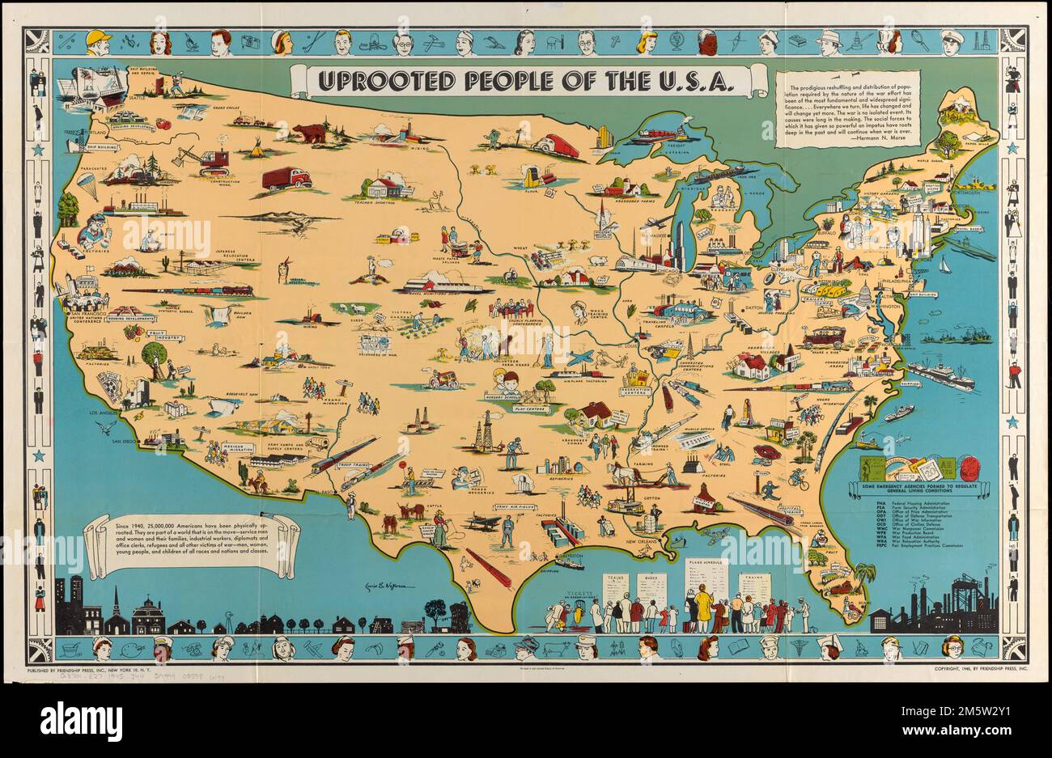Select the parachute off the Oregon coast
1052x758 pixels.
click(x=87, y=184)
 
